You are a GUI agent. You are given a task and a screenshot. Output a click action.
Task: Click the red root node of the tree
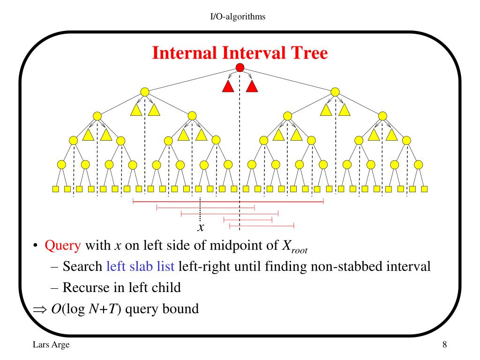240,68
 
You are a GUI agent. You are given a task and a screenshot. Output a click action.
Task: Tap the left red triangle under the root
228,86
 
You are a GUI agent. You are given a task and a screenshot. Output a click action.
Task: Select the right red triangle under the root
252,86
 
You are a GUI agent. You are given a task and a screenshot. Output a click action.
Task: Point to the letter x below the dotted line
201,228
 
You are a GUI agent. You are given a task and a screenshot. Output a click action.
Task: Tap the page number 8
444,345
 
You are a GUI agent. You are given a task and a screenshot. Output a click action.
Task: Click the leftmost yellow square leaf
55,189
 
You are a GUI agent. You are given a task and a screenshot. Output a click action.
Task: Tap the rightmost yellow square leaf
424,189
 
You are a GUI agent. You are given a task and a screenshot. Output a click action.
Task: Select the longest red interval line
228,202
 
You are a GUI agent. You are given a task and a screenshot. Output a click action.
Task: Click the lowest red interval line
261,226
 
